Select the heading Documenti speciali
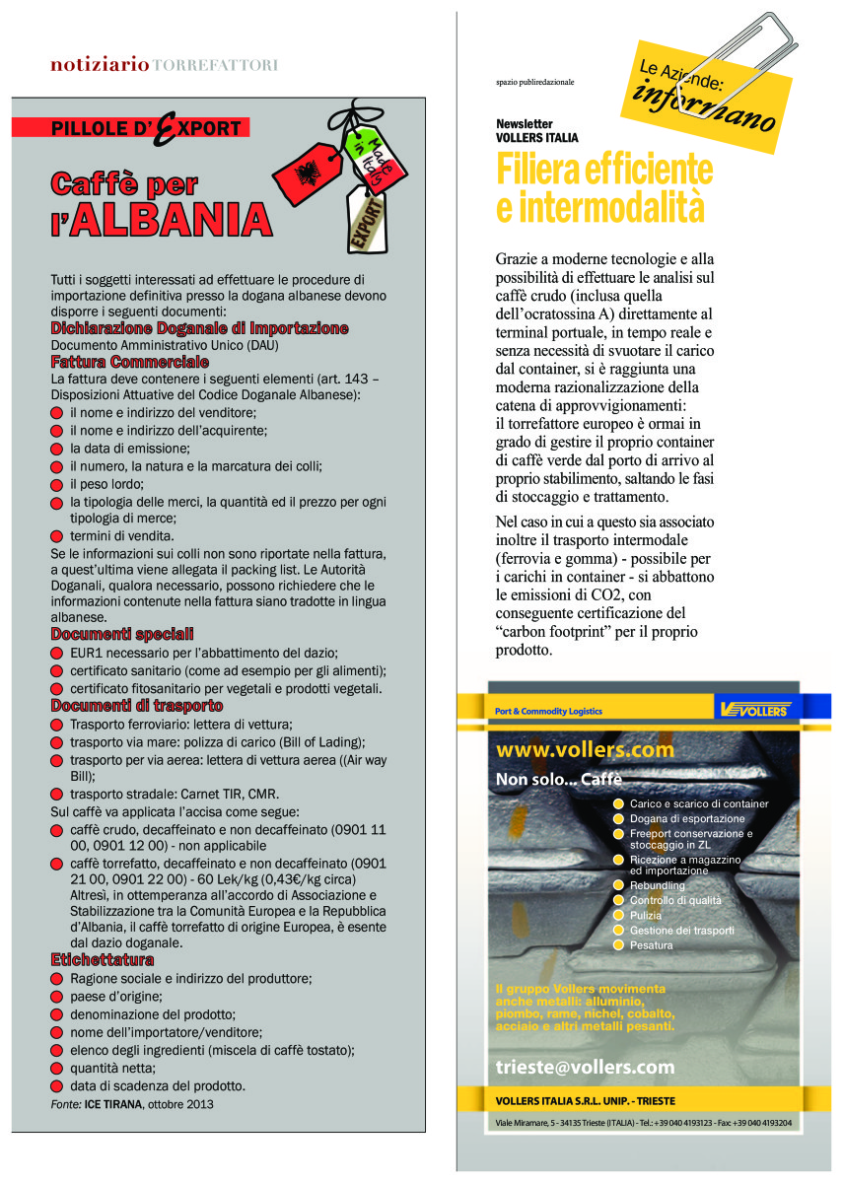click(x=122, y=634)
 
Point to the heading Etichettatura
click(x=103, y=959)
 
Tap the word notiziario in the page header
click(x=100, y=65)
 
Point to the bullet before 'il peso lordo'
click(x=57, y=484)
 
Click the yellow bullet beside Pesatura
click(x=618, y=945)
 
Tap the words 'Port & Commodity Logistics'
click(x=548, y=711)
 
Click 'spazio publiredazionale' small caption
click(x=534, y=82)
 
